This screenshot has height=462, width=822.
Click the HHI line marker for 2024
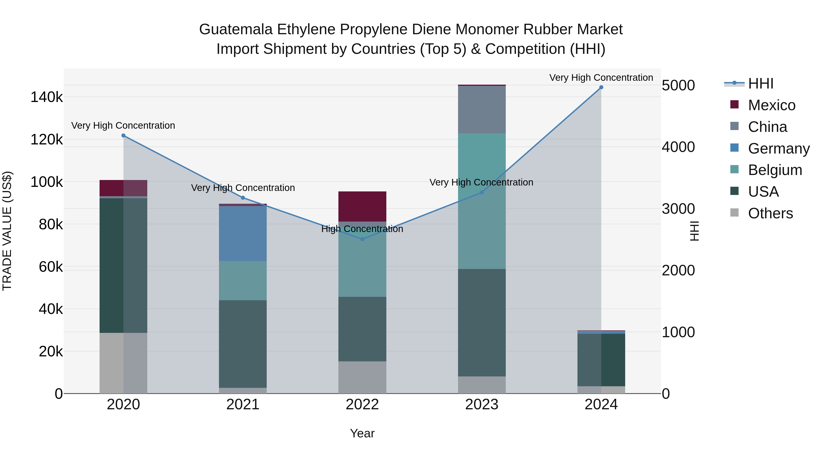tap(601, 87)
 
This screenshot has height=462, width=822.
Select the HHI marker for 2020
tap(124, 136)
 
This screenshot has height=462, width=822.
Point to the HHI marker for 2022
tap(362, 239)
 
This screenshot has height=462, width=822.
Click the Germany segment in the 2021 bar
tap(242, 234)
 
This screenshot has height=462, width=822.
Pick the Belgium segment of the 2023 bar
tap(482, 201)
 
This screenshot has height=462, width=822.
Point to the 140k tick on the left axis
tap(47, 97)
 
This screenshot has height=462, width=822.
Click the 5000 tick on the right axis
tap(678, 86)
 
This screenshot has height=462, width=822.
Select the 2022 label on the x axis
tap(362, 405)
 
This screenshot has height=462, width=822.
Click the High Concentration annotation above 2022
tap(362, 229)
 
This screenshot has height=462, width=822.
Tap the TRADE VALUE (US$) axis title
tap(7, 231)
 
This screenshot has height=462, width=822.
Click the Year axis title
tap(362, 433)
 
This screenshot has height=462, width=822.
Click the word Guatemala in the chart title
tap(236, 29)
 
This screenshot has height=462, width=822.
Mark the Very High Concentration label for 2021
tap(243, 188)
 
